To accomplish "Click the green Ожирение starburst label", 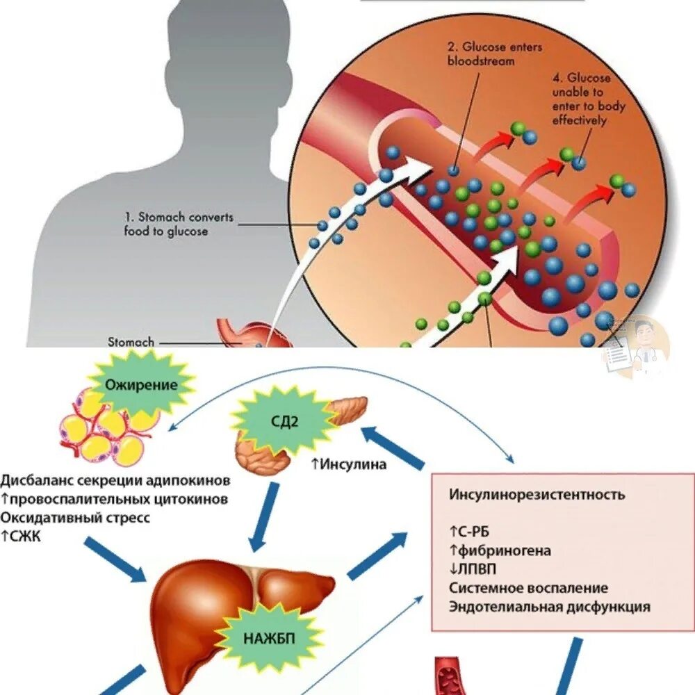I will point(141,384).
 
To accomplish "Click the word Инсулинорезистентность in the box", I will point(537,495).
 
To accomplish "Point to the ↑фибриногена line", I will point(500,550).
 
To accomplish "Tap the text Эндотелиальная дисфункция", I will point(549,606).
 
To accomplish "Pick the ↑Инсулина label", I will point(348,464).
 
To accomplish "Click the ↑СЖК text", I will point(21,536).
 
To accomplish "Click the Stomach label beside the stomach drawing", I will point(131,341).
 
